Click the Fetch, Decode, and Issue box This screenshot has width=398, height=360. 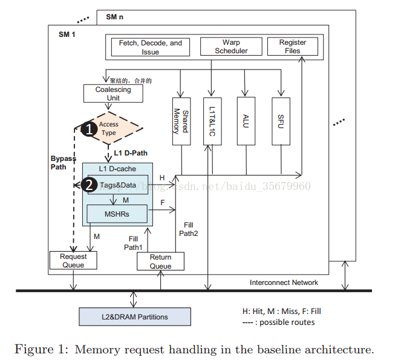[x=150, y=47]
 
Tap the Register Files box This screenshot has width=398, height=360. [x=293, y=47]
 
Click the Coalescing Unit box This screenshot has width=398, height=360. [x=113, y=94]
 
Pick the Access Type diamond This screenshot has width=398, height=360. [x=110, y=128]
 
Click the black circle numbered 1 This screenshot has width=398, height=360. [x=89, y=128]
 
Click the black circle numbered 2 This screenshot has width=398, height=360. [x=89, y=185]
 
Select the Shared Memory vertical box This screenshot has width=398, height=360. [x=181, y=121]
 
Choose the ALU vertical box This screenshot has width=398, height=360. [x=245, y=121]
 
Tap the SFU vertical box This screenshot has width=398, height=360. [x=280, y=121]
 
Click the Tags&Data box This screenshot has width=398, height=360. [x=119, y=185]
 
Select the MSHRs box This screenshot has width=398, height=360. [x=117, y=214]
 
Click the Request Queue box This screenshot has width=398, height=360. [x=73, y=261]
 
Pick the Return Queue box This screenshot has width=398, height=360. [x=160, y=261]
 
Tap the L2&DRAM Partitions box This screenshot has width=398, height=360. [x=135, y=316]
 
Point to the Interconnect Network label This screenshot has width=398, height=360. [x=284, y=283]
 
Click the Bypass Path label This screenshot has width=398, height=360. [x=61, y=163]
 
